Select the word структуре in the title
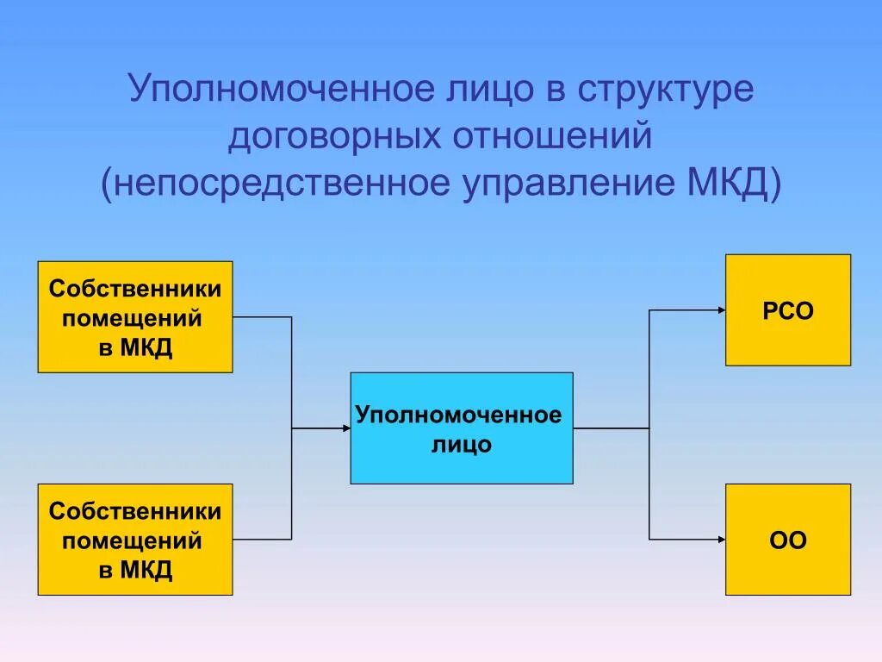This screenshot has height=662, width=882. coord(665,91)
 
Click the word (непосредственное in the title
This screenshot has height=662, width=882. coord(276,184)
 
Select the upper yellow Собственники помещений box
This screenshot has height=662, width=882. coord(135,317)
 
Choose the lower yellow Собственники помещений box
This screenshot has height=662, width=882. coord(135,540)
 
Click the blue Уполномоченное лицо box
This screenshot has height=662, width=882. coord(462,428)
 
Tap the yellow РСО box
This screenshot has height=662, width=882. coord(788,310)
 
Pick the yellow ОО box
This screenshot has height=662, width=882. coord(788,540)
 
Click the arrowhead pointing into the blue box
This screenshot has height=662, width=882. coord(345,428)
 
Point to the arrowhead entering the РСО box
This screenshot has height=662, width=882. coord(720,309)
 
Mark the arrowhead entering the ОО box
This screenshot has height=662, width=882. coord(720,540)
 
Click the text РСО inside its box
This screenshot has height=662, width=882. coord(788,311)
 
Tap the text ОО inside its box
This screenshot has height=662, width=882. coord(788,541)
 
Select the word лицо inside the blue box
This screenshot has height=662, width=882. coord(462,446)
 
